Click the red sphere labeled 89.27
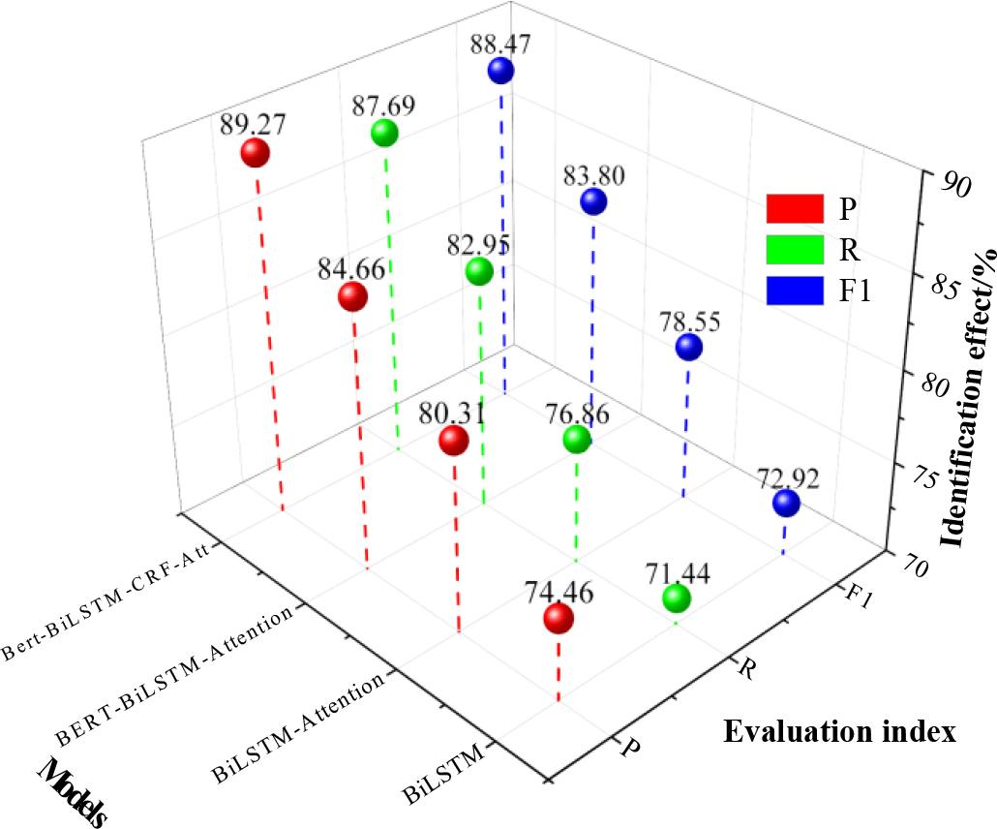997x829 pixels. coord(255,153)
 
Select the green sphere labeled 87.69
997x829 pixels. coord(385,134)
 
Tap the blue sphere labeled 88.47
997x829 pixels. coord(500,70)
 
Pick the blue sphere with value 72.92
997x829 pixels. coord(786,504)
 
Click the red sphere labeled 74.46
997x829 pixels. coord(558,619)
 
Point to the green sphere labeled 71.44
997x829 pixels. coord(677,599)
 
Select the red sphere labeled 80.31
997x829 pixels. coord(453,442)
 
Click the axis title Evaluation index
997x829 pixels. coord(839,731)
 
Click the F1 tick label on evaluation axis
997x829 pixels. coord(859,595)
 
